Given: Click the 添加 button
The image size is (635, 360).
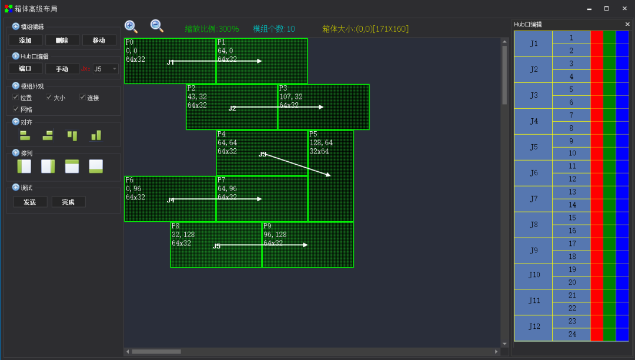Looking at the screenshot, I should [x=25, y=40].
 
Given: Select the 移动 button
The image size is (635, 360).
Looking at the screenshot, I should [x=99, y=40].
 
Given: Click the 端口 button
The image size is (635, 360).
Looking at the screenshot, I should [x=25, y=69].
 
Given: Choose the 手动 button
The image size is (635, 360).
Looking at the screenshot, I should [x=62, y=69].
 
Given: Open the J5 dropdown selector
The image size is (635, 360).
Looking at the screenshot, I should [x=106, y=69].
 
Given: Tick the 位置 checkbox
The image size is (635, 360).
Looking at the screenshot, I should [x=16, y=98].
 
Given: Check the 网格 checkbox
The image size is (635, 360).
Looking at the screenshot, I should [x=16, y=109].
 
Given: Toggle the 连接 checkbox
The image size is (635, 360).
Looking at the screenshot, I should [x=83, y=98].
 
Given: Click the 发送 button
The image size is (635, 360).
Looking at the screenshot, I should [x=30, y=202].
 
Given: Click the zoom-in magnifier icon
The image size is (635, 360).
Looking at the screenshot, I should [x=131, y=26].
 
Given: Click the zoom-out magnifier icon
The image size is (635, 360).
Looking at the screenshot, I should [x=156, y=25].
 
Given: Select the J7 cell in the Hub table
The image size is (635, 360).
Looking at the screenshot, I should [x=533, y=199].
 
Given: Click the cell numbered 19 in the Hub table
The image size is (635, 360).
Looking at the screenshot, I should [x=571, y=269].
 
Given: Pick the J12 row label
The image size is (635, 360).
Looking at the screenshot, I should [x=533, y=327].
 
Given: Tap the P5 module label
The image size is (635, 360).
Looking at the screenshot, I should [x=313, y=135].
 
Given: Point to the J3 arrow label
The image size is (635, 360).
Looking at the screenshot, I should [x=262, y=154].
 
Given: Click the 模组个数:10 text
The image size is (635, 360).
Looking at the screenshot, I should [x=274, y=29].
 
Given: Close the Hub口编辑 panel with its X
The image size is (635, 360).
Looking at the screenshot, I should [x=627, y=24].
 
